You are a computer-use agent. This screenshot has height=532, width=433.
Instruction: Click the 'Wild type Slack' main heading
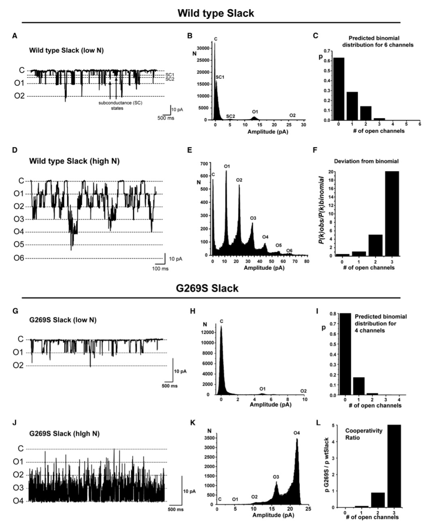[216, 13]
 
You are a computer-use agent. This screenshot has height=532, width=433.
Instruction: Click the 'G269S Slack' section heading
[207, 288]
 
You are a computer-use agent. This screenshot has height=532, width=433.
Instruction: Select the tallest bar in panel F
[392, 213]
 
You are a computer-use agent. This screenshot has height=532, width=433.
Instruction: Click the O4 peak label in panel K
[297, 434]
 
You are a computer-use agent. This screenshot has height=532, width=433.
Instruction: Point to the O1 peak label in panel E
[227, 166]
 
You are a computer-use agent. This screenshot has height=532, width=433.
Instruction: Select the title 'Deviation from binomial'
[366, 161]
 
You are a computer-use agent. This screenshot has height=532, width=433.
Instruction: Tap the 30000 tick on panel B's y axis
[205, 48]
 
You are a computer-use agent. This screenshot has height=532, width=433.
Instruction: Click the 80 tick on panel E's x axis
[307, 261]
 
